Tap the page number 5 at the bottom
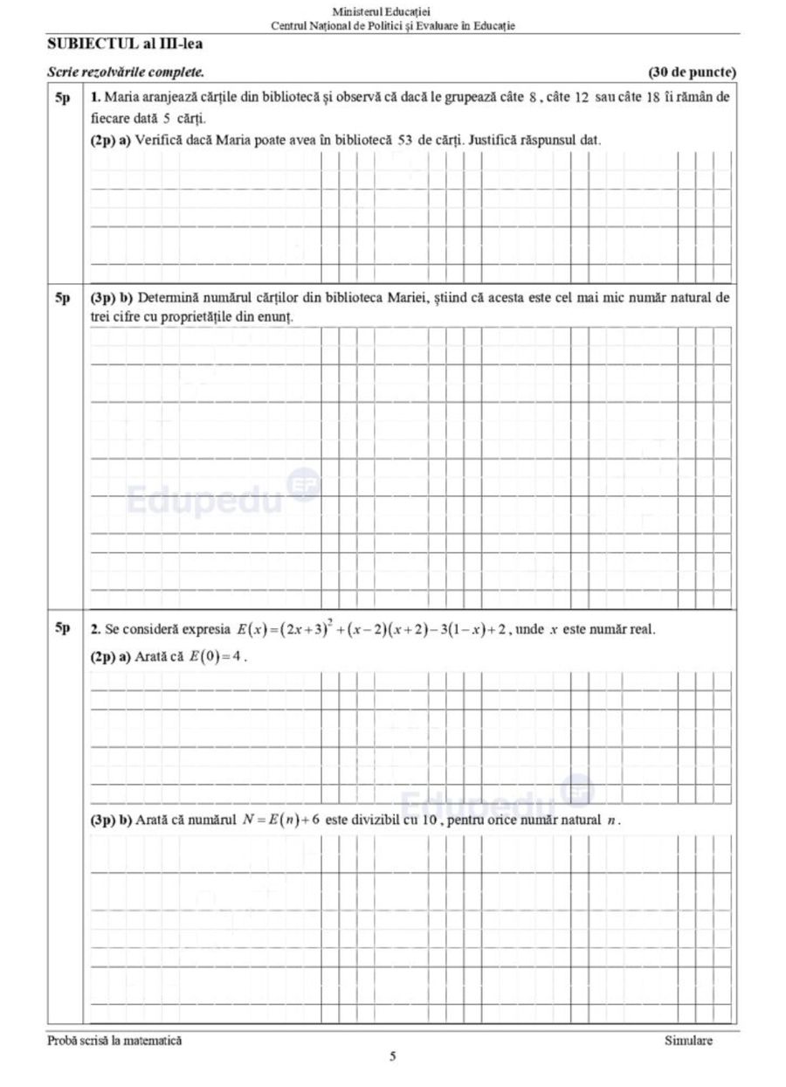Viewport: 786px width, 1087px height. [393, 1056]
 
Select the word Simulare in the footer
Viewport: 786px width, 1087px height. [688, 1041]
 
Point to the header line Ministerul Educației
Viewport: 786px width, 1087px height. [393, 12]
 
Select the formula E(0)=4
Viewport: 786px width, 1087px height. [215, 657]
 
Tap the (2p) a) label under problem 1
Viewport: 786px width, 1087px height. [111, 140]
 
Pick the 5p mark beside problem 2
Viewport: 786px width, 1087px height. [63, 628]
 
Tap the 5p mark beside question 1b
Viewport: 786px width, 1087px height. [63, 298]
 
